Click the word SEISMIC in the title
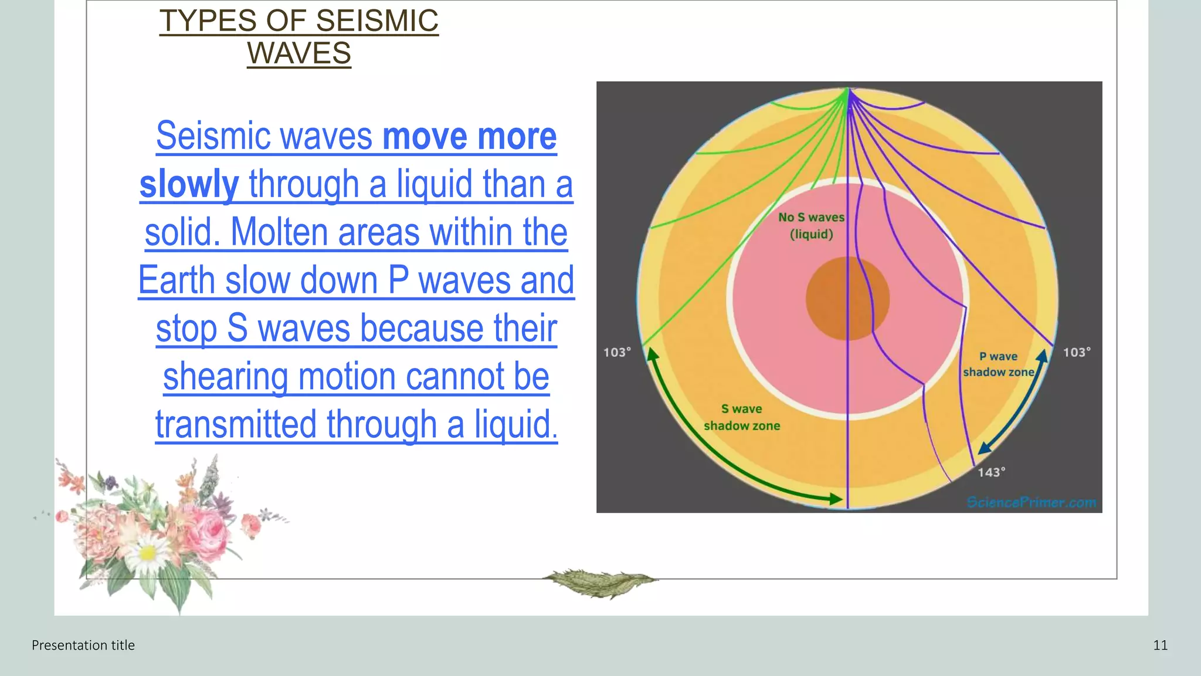376,21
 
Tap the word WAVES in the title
299,53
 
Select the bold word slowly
189,184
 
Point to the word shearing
225,377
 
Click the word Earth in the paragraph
177,280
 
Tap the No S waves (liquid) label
811,226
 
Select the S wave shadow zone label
742,417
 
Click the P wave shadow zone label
998,364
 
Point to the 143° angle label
991,472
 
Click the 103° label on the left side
617,353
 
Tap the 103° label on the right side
1077,353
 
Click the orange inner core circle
847,299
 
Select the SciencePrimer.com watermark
1031,502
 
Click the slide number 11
1160,645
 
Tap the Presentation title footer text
83,645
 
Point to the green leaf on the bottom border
599,582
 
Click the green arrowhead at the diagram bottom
836,499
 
